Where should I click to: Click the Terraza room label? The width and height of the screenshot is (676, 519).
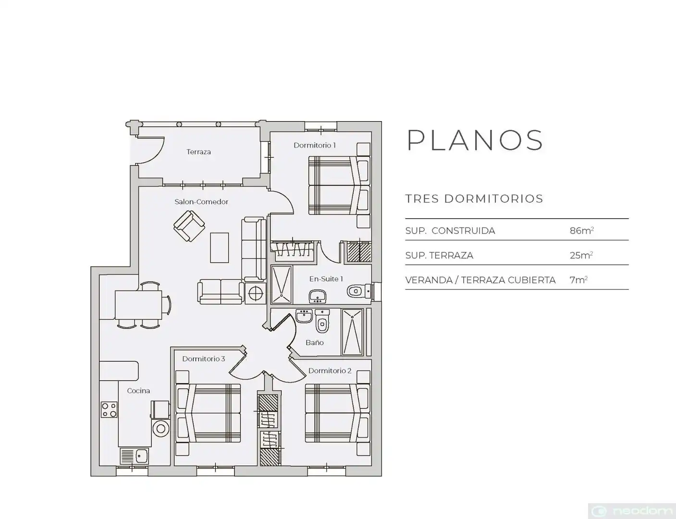click(x=198, y=152)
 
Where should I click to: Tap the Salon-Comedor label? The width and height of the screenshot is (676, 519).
click(x=201, y=202)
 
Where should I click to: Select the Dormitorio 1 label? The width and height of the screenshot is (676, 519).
click(x=315, y=145)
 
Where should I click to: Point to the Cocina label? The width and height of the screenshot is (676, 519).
click(x=138, y=391)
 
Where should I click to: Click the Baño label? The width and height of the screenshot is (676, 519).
click(x=315, y=342)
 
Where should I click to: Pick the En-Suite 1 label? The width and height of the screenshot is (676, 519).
click(x=326, y=279)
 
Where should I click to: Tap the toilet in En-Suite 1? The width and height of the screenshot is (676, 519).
click(x=359, y=292)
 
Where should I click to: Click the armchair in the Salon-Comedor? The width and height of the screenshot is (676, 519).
click(x=189, y=226)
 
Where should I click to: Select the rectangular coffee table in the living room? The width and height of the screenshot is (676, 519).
click(x=219, y=247)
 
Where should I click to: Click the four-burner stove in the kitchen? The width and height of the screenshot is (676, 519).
click(x=109, y=409)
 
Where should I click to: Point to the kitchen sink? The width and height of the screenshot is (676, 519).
click(x=135, y=456)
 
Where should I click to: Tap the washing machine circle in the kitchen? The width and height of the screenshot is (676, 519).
click(x=161, y=429)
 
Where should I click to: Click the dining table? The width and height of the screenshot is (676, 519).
click(x=138, y=305)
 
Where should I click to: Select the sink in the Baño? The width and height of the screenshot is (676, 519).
click(x=304, y=316)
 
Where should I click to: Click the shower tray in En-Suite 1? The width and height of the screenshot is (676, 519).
click(x=282, y=284)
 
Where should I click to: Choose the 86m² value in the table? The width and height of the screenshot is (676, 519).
click(x=582, y=231)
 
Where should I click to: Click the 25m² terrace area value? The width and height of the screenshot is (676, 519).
click(x=581, y=255)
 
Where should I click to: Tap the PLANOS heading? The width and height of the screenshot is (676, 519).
click(x=475, y=140)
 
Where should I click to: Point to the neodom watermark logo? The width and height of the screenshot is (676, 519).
click(x=631, y=511)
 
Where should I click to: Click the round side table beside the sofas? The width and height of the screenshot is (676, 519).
click(x=256, y=293)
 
